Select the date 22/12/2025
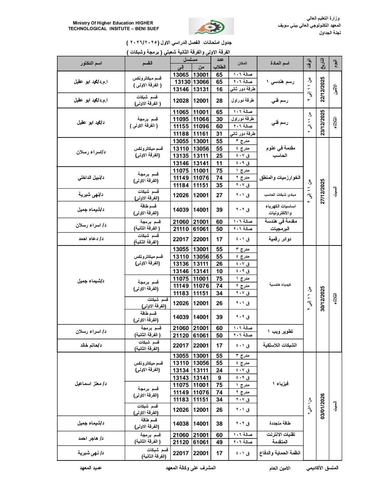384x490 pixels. [322, 89]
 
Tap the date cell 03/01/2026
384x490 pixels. [322, 406]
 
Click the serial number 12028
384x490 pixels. [181, 101]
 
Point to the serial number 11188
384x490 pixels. [181, 134]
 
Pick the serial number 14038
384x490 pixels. [181, 424]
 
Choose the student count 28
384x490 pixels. [219, 101]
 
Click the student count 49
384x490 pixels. [219, 442]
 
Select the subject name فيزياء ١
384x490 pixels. [280, 384]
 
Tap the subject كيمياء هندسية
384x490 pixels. [280, 285]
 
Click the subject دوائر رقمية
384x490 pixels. [280, 239]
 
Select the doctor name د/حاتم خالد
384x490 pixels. [91, 345]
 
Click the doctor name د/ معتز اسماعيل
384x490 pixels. [91, 384]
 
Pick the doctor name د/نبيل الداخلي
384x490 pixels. [91, 178]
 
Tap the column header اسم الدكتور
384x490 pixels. [91, 63]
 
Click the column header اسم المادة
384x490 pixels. [280, 63]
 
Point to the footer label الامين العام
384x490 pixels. [279, 468]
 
